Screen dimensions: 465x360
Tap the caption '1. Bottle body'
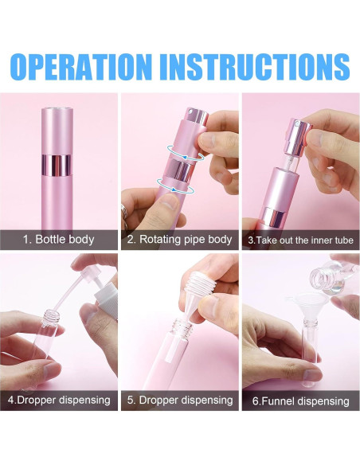click(58, 239)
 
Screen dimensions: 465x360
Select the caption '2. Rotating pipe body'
click(180, 239)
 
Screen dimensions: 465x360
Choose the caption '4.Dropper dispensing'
click(58, 400)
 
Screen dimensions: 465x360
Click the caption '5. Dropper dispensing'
click(180, 400)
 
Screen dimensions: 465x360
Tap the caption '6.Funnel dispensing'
click(300, 401)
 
